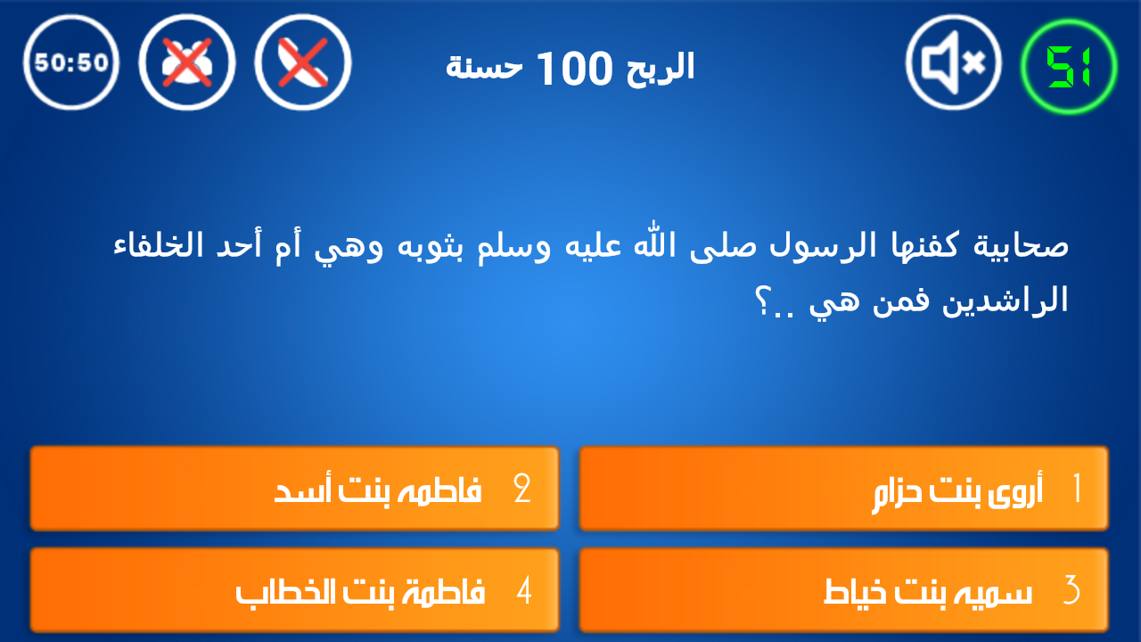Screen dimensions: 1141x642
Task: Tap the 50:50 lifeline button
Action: click(x=70, y=62)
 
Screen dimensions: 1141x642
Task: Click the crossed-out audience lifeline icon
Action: click(x=187, y=62)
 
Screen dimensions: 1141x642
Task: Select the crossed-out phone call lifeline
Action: click(x=303, y=62)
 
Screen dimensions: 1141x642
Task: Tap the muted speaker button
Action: click(x=954, y=62)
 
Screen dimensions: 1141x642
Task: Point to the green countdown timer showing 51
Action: click(x=1069, y=66)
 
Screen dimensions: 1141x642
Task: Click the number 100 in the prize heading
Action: click(x=574, y=69)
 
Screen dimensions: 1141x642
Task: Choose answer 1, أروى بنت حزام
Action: click(x=843, y=489)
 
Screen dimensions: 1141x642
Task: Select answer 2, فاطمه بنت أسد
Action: click(x=294, y=489)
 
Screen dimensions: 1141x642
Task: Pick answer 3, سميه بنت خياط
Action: click(x=843, y=590)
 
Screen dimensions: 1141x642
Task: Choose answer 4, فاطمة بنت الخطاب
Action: click(x=294, y=590)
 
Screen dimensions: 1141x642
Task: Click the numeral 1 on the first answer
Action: click(x=1078, y=488)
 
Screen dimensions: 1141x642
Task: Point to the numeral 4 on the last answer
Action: click(x=524, y=589)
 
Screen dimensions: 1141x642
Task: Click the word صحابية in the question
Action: click(x=1021, y=245)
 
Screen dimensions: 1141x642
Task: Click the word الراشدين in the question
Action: click(x=1005, y=300)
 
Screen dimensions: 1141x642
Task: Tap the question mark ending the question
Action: click(x=764, y=302)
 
